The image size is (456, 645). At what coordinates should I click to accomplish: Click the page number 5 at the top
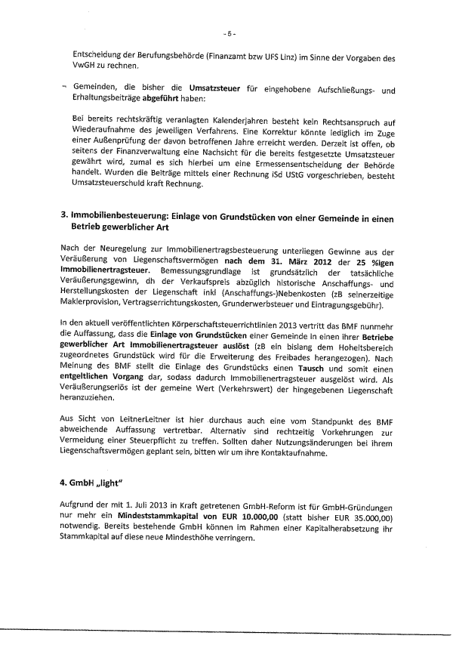point(230,34)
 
